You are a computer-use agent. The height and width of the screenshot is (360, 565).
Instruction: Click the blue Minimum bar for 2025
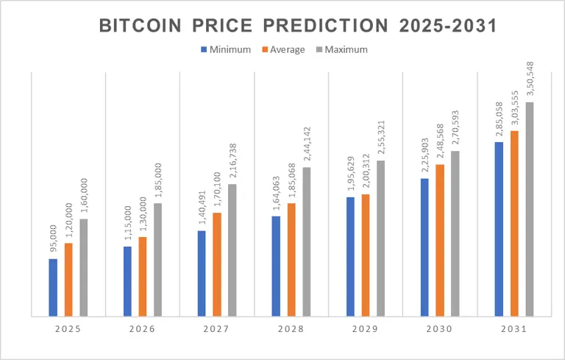click(x=53, y=288)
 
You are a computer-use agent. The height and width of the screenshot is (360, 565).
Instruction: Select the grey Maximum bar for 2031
click(x=530, y=210)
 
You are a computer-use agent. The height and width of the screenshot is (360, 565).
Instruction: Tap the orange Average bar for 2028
click(x=291, y=260)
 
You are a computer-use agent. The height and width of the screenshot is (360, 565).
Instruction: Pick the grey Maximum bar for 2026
click(x=158, y=260)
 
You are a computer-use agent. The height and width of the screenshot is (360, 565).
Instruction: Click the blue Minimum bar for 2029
click(x=351, y=257)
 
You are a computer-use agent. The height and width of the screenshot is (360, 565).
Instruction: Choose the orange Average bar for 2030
click(x=440, y=241)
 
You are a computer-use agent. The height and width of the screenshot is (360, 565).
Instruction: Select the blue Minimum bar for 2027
click(x=202, y=274)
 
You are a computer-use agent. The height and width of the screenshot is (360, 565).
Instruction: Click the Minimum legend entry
click(x=226, y=49)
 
